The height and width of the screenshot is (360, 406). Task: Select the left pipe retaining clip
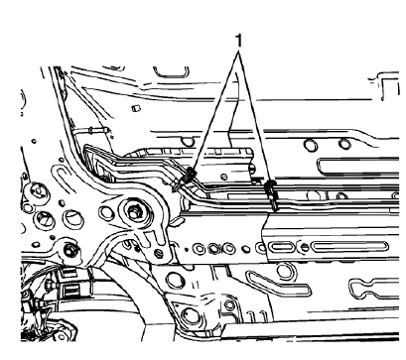(188, 180)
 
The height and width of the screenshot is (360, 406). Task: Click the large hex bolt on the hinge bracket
(135, 210)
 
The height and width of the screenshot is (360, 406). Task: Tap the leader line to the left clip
(210, 111)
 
